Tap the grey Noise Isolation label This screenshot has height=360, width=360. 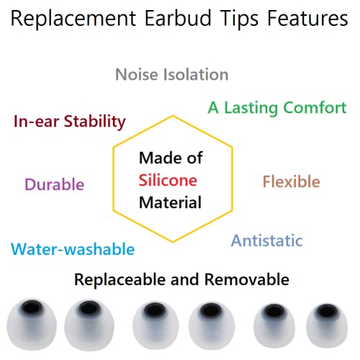(172, 74)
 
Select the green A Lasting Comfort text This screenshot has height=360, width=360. (277, 108)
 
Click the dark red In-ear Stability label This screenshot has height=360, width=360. (70, 120)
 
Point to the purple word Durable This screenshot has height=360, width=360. (54, 184)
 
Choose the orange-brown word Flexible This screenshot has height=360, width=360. (291, 181)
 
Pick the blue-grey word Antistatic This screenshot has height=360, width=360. (266, 240)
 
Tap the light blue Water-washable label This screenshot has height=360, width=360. (73, 249)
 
